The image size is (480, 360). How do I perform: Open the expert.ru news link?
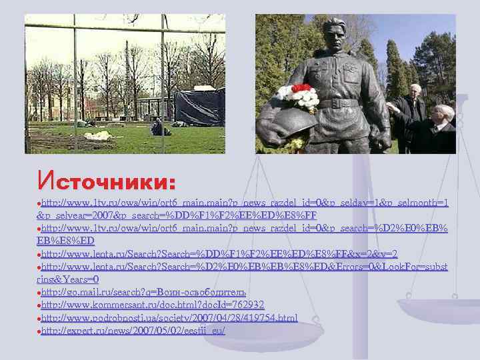(134, 330)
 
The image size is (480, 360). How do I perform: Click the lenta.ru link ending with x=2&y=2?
(220, 254)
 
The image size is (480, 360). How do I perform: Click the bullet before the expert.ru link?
(39, 331)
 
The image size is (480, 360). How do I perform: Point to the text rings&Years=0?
(67, 279)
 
